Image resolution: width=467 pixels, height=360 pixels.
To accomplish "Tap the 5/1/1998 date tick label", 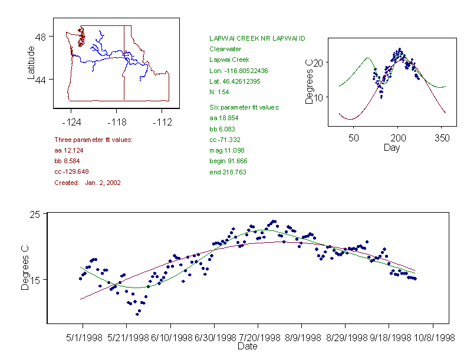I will (x=83, y=338).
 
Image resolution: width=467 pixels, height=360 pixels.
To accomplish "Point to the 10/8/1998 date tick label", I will (x=433, y=338).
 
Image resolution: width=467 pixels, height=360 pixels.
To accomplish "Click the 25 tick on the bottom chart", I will (x=35, y=214).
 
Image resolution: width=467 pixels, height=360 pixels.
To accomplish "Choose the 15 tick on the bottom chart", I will (x=35, y=279).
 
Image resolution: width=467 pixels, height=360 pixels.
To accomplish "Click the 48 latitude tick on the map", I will (x=41, y=37).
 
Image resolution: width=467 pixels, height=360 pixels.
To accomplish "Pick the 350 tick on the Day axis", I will (x=442, y=138).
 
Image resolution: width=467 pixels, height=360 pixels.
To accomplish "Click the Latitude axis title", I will (x=31, y=63).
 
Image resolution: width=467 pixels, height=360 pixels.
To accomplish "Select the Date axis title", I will (x=247, y=346).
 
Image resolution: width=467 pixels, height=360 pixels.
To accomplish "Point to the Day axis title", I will (x=391, y=147).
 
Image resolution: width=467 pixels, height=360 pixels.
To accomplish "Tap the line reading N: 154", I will (x=219, y=91).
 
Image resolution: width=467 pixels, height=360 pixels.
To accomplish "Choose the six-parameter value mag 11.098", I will (x=226, y=150).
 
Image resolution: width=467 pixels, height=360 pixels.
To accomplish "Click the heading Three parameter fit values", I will (x=93, y=140).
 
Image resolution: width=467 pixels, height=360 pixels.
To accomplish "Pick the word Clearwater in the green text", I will (x=225, y=49).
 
